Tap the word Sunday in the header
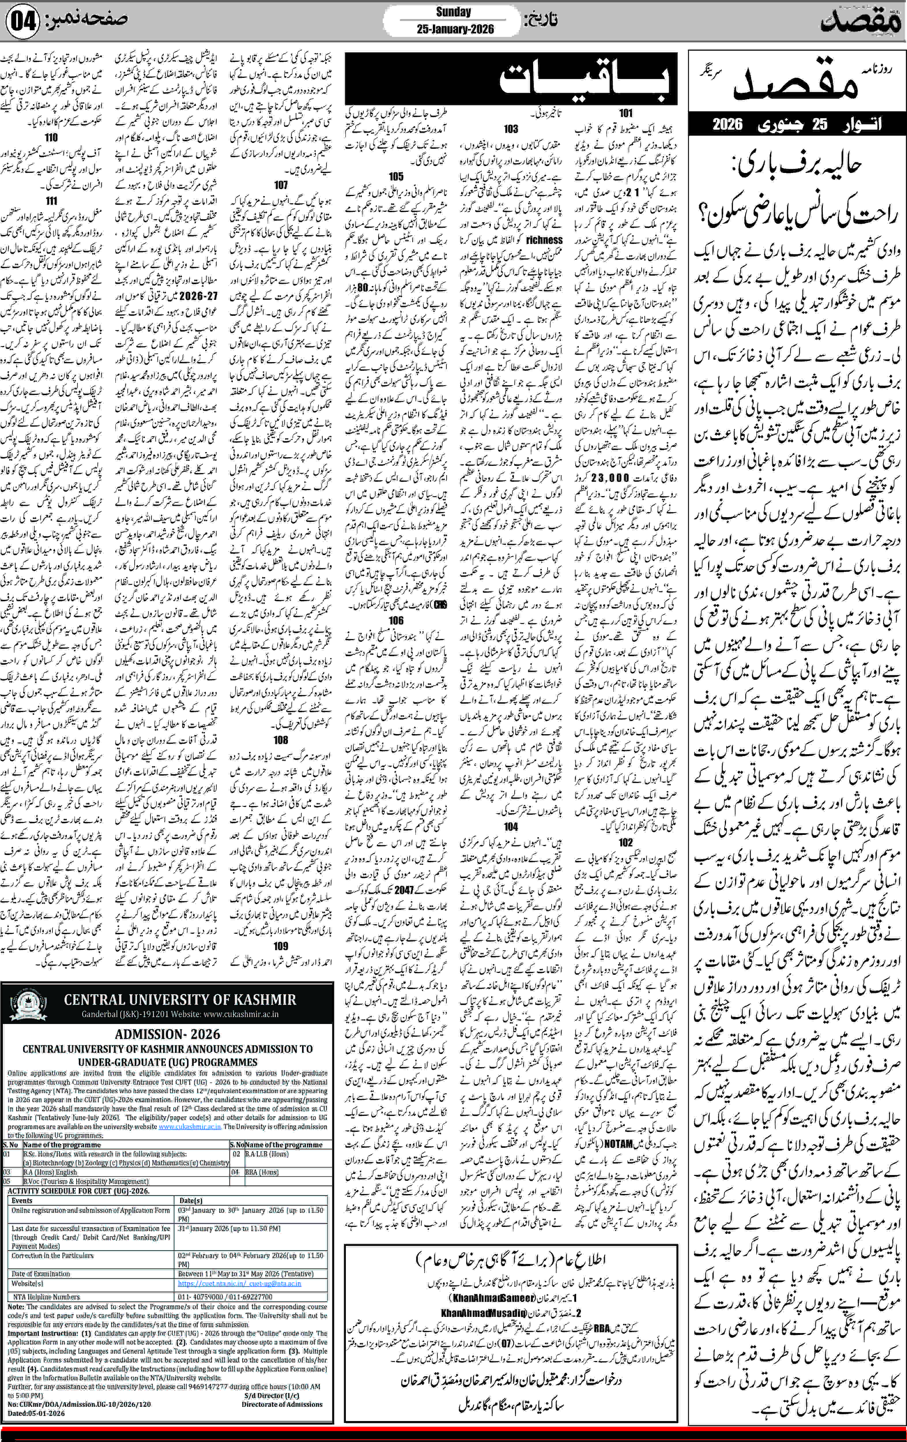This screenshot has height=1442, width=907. [x=453, y=12]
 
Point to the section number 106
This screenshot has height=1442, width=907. [x=396, y=620]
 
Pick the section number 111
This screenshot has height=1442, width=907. [x=52, y=201]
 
